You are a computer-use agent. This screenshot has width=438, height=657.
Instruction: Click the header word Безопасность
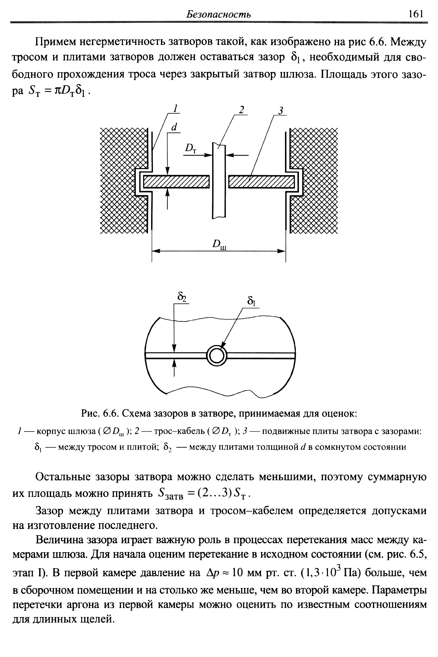coord(218,14)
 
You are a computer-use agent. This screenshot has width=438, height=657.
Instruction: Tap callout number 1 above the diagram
coord(175,109)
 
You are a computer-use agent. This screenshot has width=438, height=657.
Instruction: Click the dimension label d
coord(174,127)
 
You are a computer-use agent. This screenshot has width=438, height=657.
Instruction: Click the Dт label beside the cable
coord(191,148)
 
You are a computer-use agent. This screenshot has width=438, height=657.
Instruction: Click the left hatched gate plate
coord(176,182)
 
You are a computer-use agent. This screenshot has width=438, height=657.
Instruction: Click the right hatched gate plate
coord(261,182)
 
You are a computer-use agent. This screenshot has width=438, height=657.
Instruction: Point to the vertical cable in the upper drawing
coord(219,181)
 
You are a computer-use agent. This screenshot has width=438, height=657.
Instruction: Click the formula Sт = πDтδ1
coord(59,91)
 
